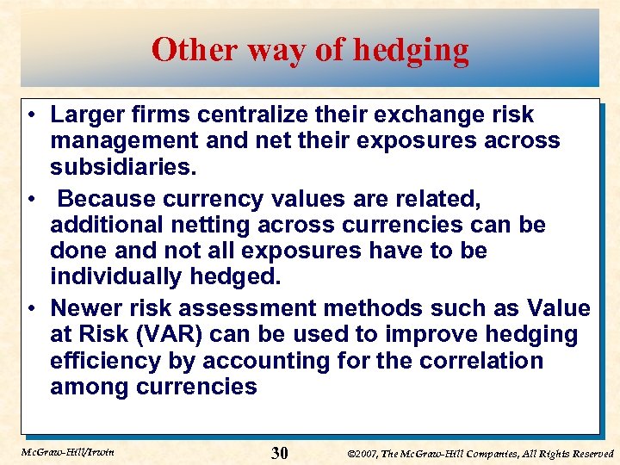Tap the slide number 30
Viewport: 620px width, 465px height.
point(279,454)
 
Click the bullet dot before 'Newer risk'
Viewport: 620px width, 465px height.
point(30,309)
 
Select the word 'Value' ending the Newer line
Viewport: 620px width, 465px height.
point(555,308)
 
